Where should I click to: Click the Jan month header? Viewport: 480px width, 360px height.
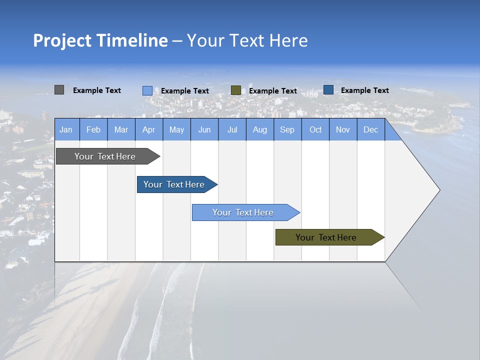tap(66, 129)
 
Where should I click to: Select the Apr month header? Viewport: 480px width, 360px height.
tap(149, 129)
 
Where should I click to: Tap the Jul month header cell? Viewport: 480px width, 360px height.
tap(232, 129)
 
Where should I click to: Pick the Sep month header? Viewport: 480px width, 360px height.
tap(287, 129)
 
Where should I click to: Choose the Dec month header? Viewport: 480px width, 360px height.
tap(370, 129)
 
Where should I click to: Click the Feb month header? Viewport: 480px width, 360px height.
tap(93, 129)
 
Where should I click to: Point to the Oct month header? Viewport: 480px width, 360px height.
tap(315, 129)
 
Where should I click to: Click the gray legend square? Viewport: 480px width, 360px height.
tap(59, 90)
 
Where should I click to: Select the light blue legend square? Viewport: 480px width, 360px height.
tap(147, 90)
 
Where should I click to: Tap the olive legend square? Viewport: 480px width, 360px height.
tap(236, 90)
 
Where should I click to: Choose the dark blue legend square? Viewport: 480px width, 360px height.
tap(328, 90)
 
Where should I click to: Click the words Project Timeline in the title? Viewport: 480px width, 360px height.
tap(100, 40)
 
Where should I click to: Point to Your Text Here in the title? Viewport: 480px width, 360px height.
tap(247, 40)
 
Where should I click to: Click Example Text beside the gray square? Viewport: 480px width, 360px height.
tap(97, 90)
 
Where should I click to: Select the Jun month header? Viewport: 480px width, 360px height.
tap(204, 129)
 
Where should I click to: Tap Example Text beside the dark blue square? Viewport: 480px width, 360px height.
tap(365, 90)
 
